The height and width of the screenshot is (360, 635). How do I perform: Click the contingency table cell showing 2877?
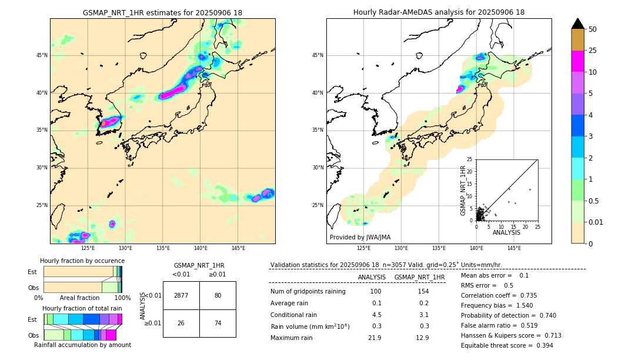coord(181,295)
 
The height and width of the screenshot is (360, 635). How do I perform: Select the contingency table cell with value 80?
coord(218,295)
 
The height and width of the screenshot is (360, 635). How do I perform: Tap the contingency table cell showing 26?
coord(181,323)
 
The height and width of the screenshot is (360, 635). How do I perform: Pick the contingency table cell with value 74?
coord(218,323)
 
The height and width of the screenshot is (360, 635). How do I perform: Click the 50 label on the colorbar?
coord(593,29)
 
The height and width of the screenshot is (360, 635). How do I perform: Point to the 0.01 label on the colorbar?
coord(596,222)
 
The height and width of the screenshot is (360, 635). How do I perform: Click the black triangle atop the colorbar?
coord(578,24)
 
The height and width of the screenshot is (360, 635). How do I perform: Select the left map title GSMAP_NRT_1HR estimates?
coord(162,13)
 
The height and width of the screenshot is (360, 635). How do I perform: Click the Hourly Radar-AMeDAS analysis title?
coord(439,12)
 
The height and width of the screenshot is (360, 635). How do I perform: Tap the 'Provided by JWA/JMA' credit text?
coord(360,237)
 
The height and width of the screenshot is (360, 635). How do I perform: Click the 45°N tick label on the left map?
coord(42,55)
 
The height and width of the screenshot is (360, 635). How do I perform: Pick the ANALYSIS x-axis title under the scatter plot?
coord(506,232)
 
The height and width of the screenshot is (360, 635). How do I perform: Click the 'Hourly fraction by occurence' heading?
coord(82,261)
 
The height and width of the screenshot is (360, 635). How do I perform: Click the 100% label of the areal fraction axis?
coord(122,298)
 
